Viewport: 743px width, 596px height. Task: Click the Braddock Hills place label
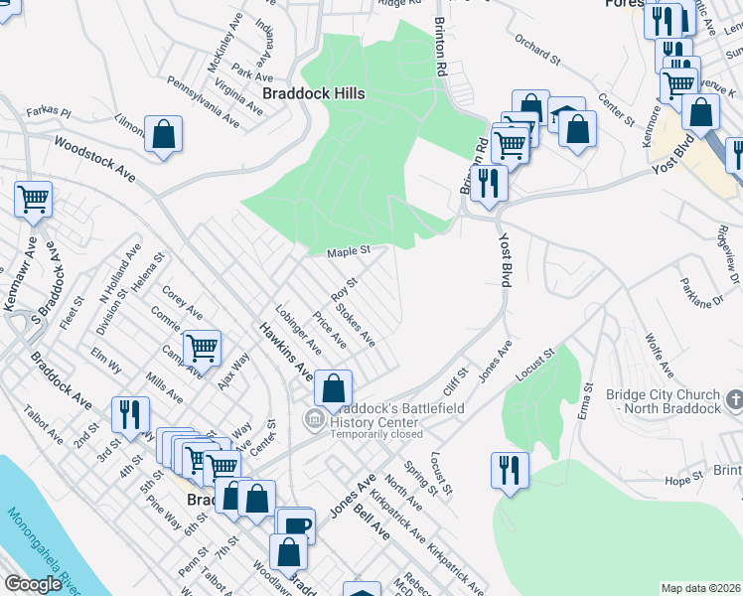(x=313, y=93)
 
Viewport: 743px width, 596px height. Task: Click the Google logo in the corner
(x=33, y=584)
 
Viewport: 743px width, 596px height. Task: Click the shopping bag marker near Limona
(x=163, y=134)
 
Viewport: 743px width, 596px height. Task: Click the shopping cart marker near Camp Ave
(x=202, y=347)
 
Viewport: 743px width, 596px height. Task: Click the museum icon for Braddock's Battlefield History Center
(x=315, y=420)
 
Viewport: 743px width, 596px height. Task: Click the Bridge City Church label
(x=663, y=401)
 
